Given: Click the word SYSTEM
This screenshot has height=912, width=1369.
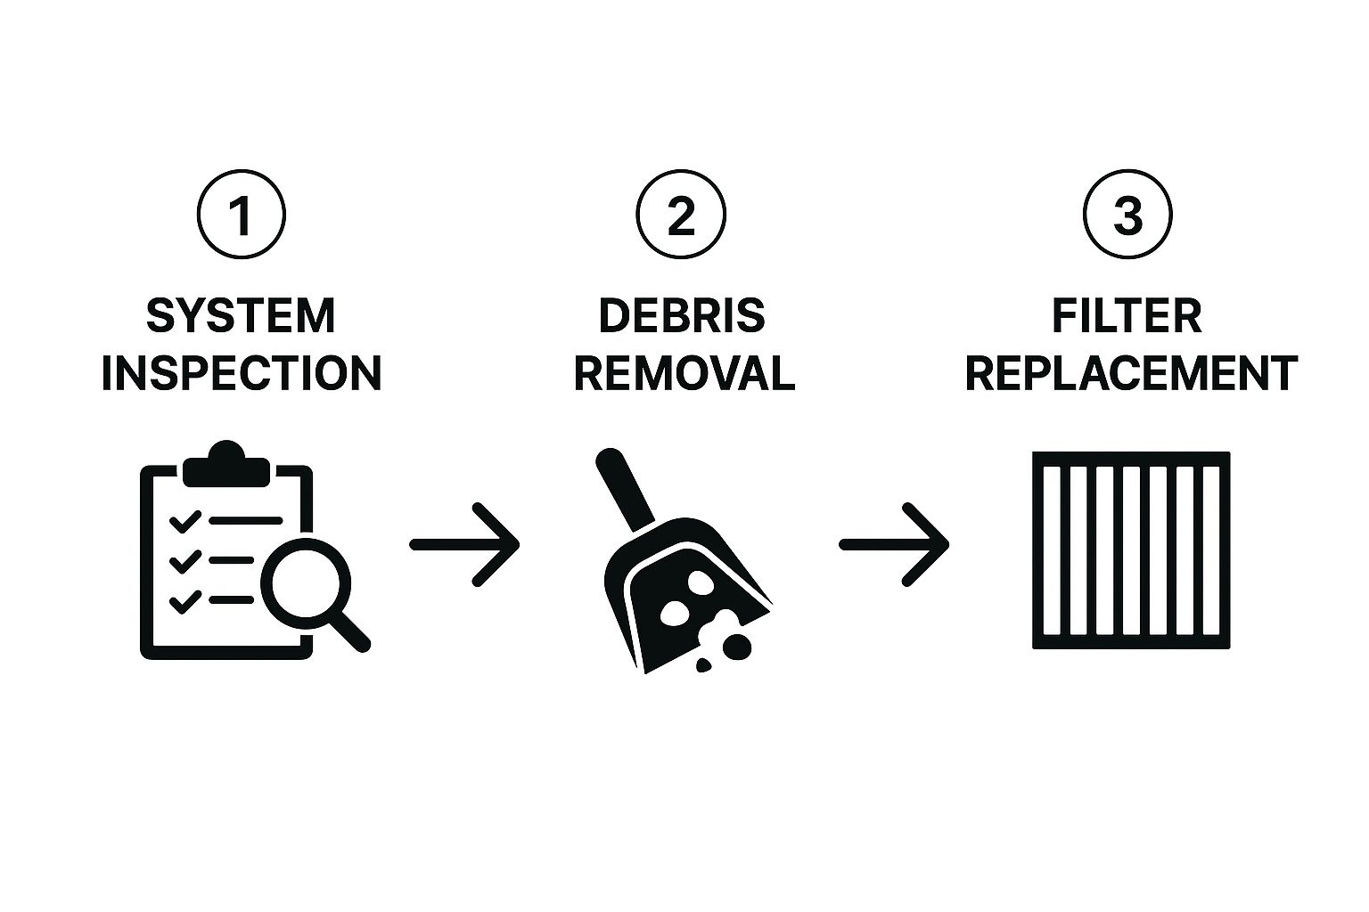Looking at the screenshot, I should tap(241, 317).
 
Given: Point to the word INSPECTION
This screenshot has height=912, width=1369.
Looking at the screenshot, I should tap(241, 373).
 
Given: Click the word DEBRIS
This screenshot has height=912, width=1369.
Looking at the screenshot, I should tap(682, 317).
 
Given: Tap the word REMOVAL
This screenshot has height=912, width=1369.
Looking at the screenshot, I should tap(684, 373).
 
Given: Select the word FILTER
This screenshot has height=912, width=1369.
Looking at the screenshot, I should tap(1127, 317).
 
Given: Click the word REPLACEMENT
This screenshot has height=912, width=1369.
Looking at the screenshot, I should tap(1130, 373).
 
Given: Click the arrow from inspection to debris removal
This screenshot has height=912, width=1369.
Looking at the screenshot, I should tap(464, 544).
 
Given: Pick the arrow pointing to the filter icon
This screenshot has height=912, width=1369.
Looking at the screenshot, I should tap(894, 544).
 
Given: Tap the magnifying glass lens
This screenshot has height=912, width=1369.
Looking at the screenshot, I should tap(305, 583).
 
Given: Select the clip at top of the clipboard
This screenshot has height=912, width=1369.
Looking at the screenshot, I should tap(225, 465).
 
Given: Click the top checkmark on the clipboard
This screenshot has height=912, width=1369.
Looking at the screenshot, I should tap(184, 521).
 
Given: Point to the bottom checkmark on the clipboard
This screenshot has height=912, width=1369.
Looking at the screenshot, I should tap(184, 602).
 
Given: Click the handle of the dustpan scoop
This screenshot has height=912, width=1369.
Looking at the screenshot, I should tap(624, 487).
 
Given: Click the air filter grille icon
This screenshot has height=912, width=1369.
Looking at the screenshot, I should tap(1130, 550).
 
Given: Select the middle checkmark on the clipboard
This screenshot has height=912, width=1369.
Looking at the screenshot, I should tap(184, 562).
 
